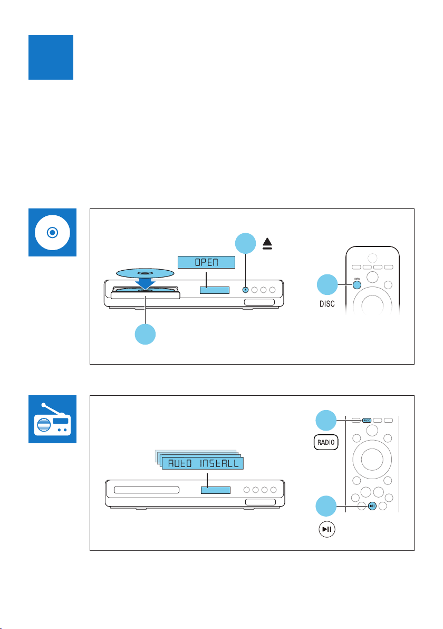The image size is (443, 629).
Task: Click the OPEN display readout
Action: (x=206, y=262)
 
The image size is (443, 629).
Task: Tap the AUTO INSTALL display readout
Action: (x=203, y=463)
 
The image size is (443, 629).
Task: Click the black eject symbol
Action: (x=267, y=243)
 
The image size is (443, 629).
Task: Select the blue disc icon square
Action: (x=53, y=232)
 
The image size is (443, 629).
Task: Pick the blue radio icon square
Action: (x=53, y=419)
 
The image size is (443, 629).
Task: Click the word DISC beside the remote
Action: (x=327, y=303)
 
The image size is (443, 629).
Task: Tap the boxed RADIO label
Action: (x=326, y=443)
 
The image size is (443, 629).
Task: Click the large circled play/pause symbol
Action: (x=327, y=529)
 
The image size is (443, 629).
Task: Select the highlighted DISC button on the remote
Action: (x=357, y=284)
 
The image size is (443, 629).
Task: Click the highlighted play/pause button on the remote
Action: (x=372, y=506)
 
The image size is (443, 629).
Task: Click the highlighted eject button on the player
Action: (x=245, y=290)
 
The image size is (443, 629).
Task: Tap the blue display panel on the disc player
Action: (x=215, y=290)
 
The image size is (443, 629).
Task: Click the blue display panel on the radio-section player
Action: (x=216, y=490)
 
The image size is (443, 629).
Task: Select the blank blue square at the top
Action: (x=51, y=57)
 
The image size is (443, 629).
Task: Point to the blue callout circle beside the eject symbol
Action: (x=245, y=243)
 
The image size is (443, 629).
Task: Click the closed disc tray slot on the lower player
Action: (x=146, y=490)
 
